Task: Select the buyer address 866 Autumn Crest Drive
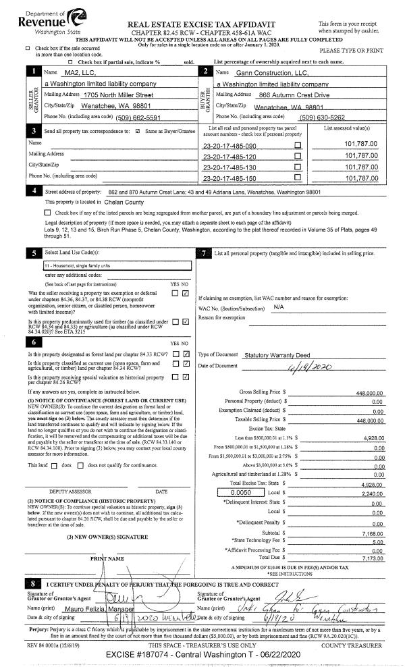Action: coord(292,95)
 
